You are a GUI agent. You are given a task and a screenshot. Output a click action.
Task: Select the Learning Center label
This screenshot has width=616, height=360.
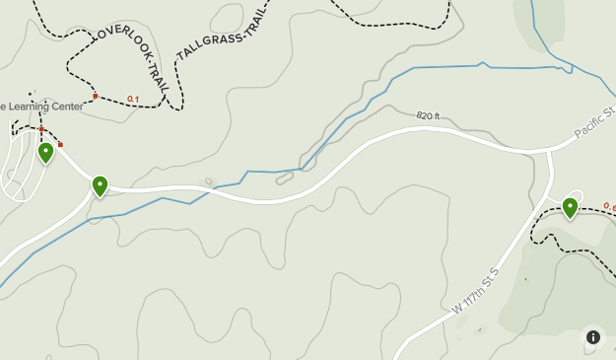tap(42, 107)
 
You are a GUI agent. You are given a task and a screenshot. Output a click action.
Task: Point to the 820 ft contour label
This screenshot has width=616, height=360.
tap(428, 116)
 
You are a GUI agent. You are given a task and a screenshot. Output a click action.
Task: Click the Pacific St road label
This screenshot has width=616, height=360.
tap(594, 122)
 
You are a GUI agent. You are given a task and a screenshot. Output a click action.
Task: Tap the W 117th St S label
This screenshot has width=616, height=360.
tap(477, 290)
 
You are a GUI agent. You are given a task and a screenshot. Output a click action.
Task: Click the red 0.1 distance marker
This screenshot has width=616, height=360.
tap(133, 99)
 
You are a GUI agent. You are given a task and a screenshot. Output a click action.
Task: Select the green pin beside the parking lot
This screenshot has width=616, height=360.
tap(45, 153)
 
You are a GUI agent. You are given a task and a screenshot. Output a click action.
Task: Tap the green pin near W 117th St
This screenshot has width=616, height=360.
tap(570, 207)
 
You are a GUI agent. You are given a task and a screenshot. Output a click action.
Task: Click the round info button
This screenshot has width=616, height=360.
tap(593, 337)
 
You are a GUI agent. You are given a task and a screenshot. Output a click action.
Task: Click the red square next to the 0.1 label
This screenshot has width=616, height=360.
tap(96, 97)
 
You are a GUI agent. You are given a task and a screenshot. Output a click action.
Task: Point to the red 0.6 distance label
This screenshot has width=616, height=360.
tap(609, 208)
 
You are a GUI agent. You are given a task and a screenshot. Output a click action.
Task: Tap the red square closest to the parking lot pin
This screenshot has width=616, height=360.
tap(60, 145)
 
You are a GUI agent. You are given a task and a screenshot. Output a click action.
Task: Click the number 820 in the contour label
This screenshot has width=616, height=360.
tap(424, 116)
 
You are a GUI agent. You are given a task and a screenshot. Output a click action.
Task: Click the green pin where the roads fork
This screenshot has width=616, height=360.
tap(100, 185)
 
